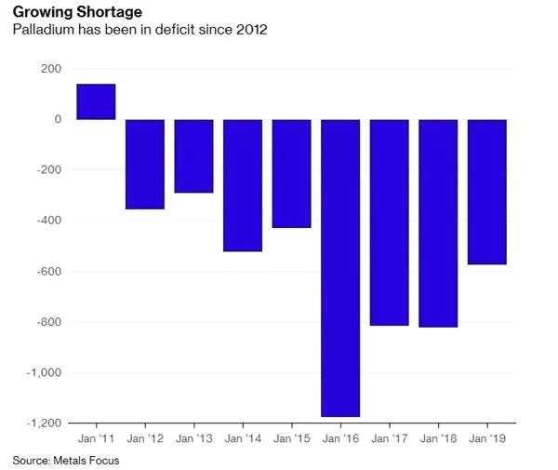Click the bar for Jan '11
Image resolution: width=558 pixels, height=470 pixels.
tap(96, 102)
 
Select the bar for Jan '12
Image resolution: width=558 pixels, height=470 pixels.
tap(145, 164)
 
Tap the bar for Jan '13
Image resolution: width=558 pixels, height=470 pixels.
tap(193, 156)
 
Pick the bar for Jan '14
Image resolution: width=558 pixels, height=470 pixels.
tap(243, 185)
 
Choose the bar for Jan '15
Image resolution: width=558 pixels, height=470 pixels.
tap(291, 173)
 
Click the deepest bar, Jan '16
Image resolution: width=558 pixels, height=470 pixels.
tap(340, 268)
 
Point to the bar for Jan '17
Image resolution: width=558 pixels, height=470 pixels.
tap(389, 222)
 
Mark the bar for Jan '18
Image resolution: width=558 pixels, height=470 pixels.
tap(438, 223)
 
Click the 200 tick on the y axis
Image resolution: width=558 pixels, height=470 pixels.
tap(52, 69)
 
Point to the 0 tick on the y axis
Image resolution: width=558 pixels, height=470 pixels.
tap(58, 120)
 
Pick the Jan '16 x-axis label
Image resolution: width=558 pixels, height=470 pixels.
tap(340, 436)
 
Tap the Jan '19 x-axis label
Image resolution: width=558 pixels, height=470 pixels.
tap(486, 436)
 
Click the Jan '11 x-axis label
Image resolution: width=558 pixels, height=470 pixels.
tap(96, 436)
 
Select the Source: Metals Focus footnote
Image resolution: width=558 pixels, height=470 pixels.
tap(66, 460)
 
